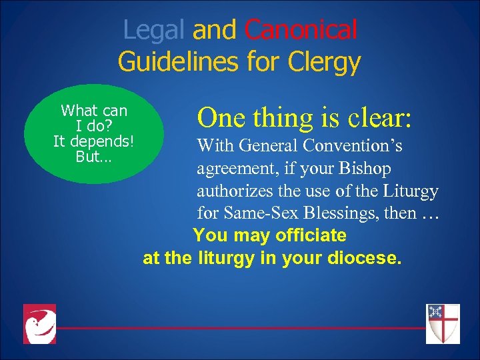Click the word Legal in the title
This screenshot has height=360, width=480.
coord(155,30)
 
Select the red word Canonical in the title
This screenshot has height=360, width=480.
coord(301,30)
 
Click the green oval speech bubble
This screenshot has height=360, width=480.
coord(94,133)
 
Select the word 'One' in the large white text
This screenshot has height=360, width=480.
coord(221,117)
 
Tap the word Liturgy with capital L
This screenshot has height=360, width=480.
coord(411,191)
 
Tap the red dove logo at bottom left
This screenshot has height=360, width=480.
coord(39,324)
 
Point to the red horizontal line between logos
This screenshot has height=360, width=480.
coord(240,328)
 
